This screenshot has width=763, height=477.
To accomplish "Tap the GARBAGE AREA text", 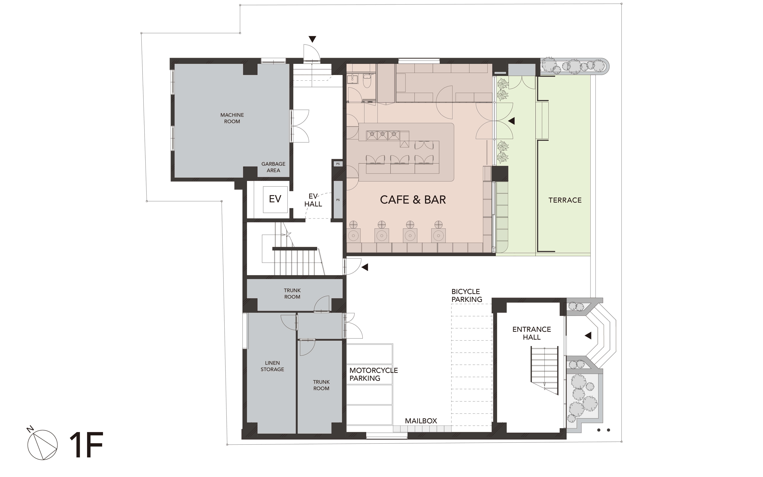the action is (273, 167).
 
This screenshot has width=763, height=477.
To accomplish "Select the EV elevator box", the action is (275, 199).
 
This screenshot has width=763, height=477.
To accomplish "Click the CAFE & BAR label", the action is (413, 200).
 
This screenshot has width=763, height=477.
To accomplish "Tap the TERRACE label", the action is (565, 200).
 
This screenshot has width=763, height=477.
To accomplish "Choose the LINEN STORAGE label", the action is (272, 366).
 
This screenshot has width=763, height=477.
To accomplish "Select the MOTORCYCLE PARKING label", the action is (373, 374).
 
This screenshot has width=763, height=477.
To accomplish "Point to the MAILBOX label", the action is (421, 421).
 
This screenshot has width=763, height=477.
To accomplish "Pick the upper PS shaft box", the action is (338, 164).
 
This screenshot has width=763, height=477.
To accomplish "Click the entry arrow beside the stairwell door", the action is (365, 267).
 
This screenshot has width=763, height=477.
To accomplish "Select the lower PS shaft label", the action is (338, 200).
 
